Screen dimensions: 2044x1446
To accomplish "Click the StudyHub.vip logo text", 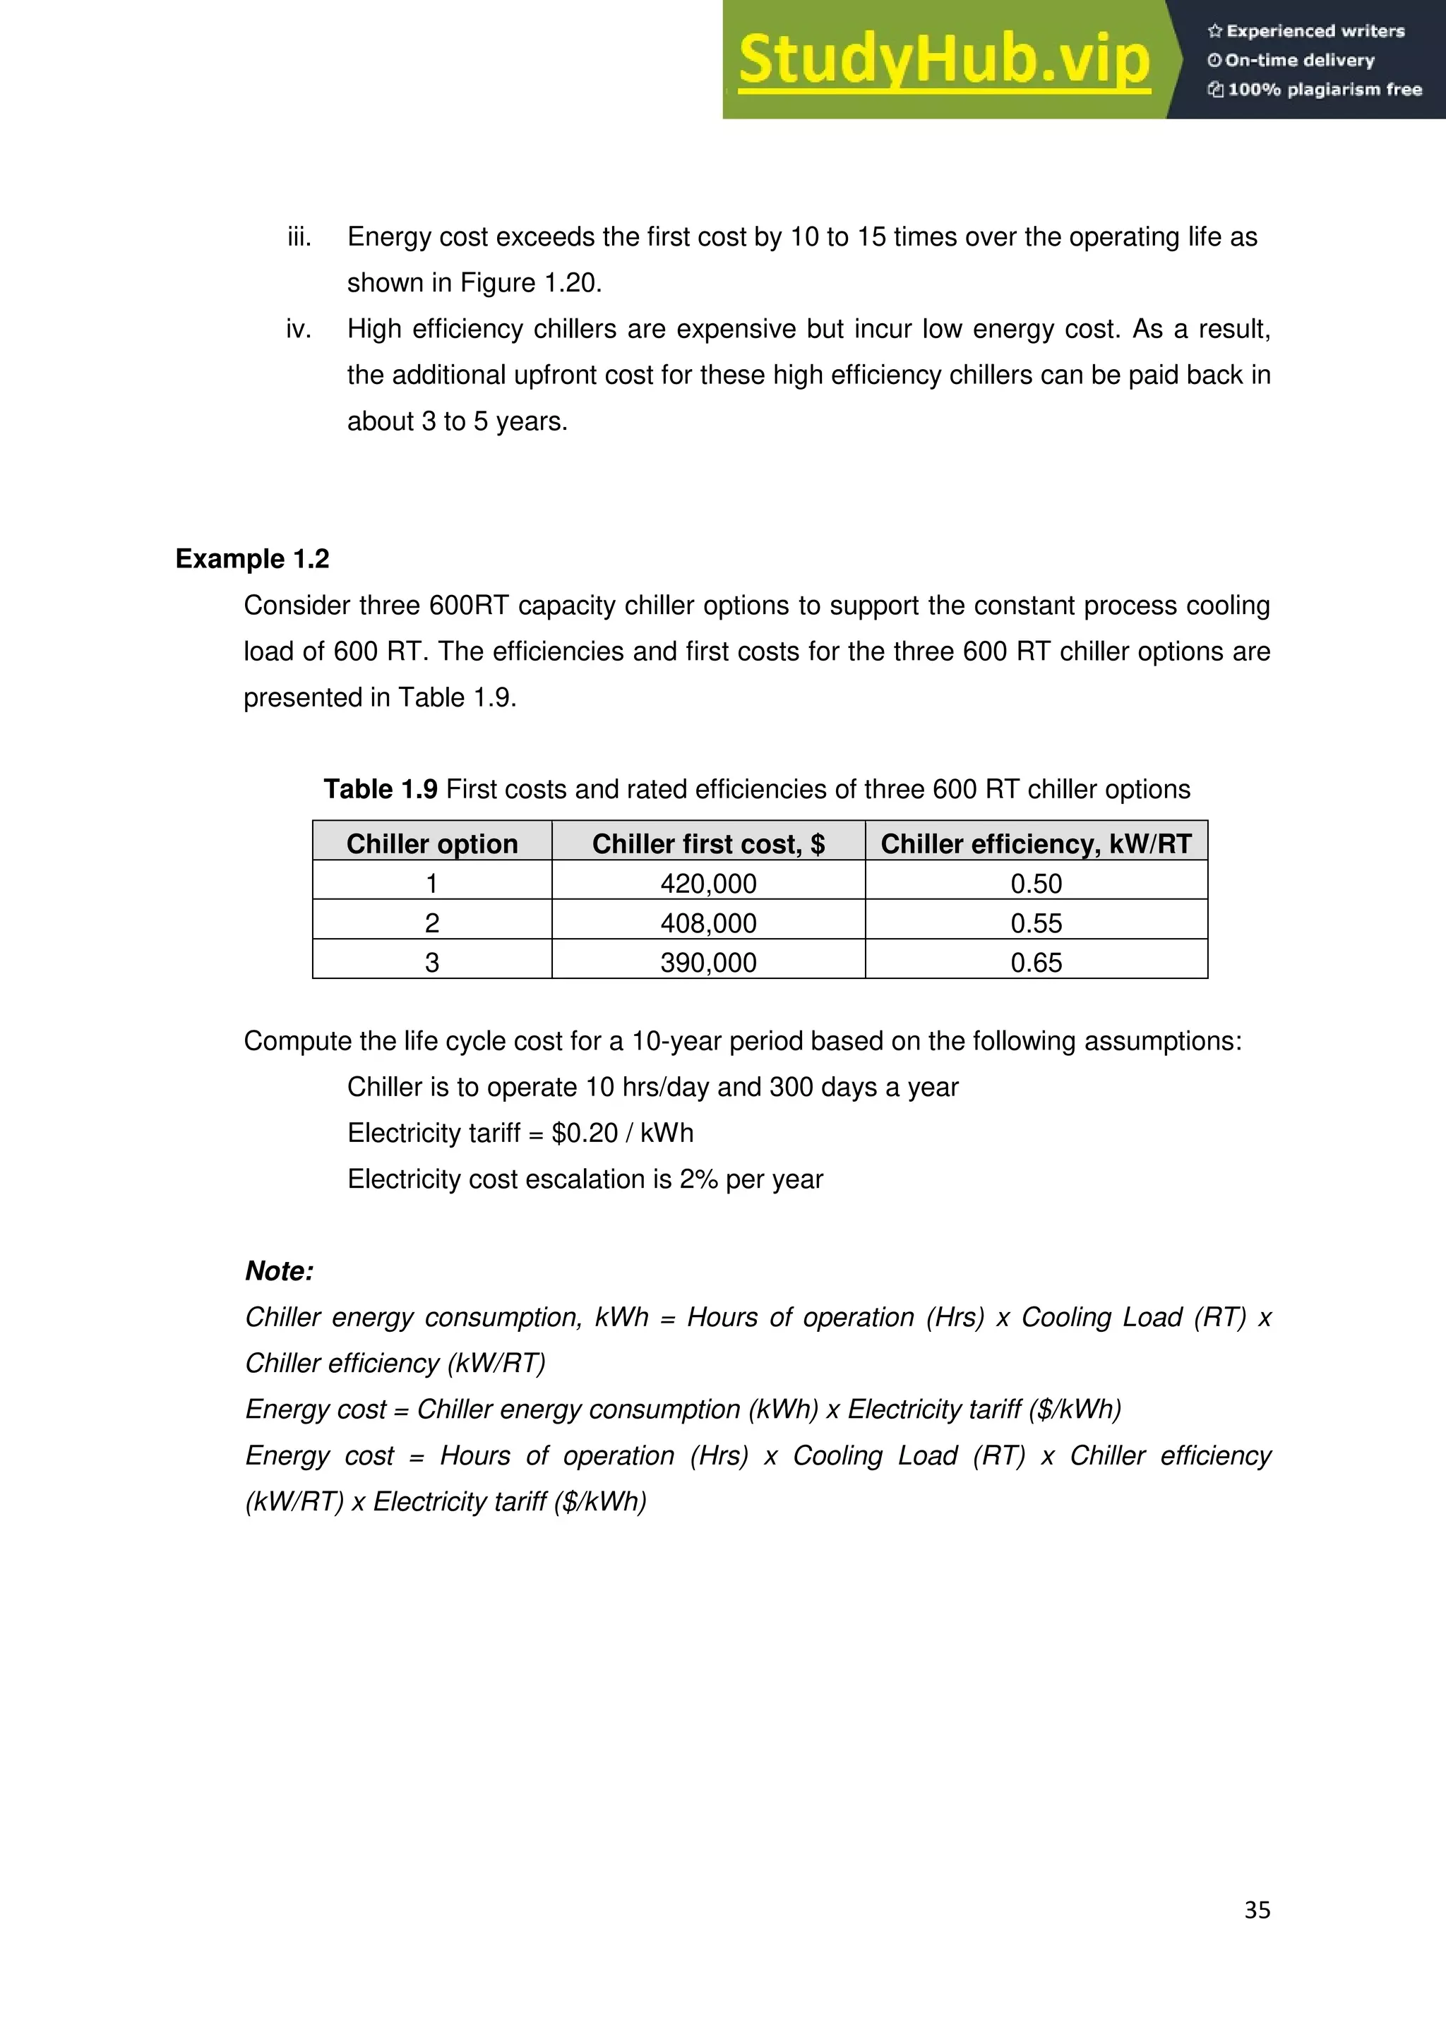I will coord(944,60).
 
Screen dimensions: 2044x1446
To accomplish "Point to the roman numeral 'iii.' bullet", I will coord(299,237).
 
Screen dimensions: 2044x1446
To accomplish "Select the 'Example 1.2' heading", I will coord(252,559).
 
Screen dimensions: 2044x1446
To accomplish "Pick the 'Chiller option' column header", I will coord(432,844).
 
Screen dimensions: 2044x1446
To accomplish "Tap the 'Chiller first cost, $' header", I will coord(708,844).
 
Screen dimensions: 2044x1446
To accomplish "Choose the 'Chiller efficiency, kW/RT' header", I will coord(1036,844).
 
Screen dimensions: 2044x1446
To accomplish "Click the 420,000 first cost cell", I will coord(708,884).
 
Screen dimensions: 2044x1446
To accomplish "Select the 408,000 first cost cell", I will coord(708,923).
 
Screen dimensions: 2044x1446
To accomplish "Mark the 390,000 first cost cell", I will coord(708,963).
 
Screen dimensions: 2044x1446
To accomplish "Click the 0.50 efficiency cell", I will coord(1036,884).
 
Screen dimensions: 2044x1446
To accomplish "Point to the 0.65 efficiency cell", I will coord(1036,963).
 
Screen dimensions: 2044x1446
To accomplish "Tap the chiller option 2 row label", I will coord(432,923).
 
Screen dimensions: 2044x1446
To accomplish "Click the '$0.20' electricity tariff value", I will coord(584,1134).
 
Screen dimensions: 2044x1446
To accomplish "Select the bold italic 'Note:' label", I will coord(280,1271).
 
